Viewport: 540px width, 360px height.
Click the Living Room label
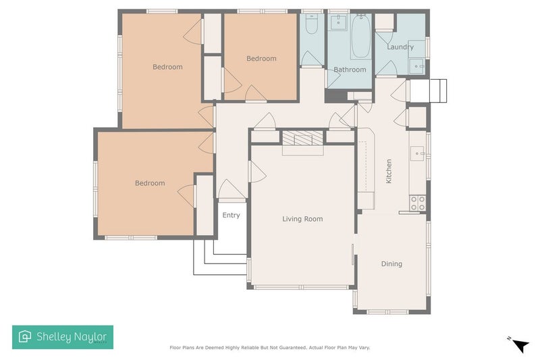tap(302, 219)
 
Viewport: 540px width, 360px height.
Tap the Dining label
tap(391, 264)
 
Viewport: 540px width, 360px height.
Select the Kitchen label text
tap(389, 172)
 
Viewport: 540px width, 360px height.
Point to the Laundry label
tap(400, 47)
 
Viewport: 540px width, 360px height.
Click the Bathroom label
tap(350, 70)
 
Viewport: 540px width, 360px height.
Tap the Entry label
tap(231, 215)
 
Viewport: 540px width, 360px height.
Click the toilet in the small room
tap(311, 25)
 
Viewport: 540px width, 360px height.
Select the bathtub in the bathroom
tap(360, 37)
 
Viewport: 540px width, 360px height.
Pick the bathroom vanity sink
tap(337, 23)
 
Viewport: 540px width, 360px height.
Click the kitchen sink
tap(418, 155)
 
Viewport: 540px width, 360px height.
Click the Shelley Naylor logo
tap(63, 337)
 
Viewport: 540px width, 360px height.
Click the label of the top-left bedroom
tap(167, 67)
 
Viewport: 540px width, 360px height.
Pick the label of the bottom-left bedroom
tap(149, 183)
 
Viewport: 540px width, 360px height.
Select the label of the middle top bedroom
tap(261, 59)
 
